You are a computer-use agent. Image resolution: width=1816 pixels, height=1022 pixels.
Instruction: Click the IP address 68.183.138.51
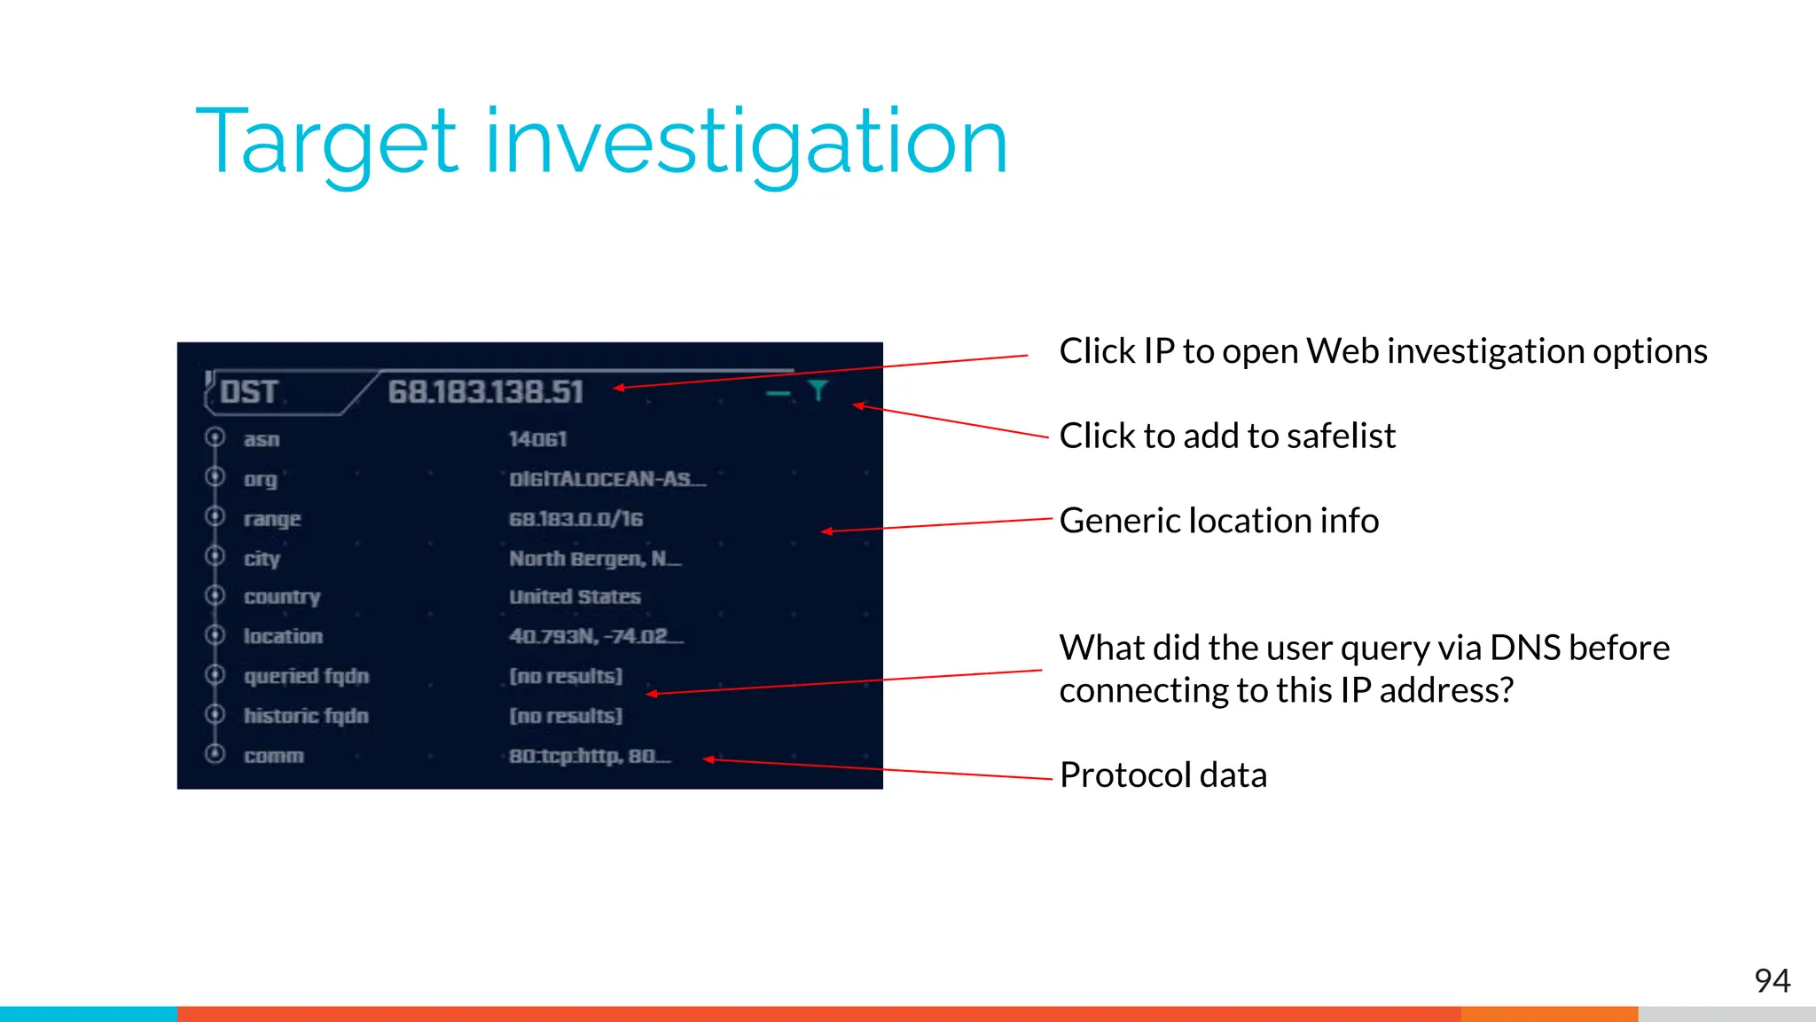485,392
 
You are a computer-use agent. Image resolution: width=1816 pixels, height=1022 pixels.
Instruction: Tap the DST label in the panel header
249,392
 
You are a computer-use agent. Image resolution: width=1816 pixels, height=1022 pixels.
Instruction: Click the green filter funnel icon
818,390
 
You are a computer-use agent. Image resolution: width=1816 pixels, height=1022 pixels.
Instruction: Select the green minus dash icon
778,393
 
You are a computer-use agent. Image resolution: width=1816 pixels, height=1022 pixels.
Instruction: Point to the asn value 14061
537,439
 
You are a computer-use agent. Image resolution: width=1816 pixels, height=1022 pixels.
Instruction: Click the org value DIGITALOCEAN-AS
607,479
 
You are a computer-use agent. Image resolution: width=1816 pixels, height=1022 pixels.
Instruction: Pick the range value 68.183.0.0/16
575,519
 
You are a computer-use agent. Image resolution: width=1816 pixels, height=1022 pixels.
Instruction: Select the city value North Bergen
594,559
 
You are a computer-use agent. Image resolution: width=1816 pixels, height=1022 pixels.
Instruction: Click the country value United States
575,597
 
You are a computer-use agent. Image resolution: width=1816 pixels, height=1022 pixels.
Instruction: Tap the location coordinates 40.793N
595,636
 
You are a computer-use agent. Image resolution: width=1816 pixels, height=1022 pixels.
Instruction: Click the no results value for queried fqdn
566,676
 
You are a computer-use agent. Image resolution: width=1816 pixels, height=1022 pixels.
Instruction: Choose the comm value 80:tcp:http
589,756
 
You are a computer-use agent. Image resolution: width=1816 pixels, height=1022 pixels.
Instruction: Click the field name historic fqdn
306,716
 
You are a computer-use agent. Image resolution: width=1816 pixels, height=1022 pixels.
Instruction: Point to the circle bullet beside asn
215,437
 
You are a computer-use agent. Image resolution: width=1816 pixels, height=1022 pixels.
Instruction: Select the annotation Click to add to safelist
1227,436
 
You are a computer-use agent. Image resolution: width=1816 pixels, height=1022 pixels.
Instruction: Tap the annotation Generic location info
1219,521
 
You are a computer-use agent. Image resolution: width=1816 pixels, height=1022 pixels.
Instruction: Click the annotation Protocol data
1163,775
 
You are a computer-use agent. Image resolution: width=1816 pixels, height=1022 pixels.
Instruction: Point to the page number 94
1772,980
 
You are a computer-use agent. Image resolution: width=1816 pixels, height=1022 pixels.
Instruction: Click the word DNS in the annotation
1524,649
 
